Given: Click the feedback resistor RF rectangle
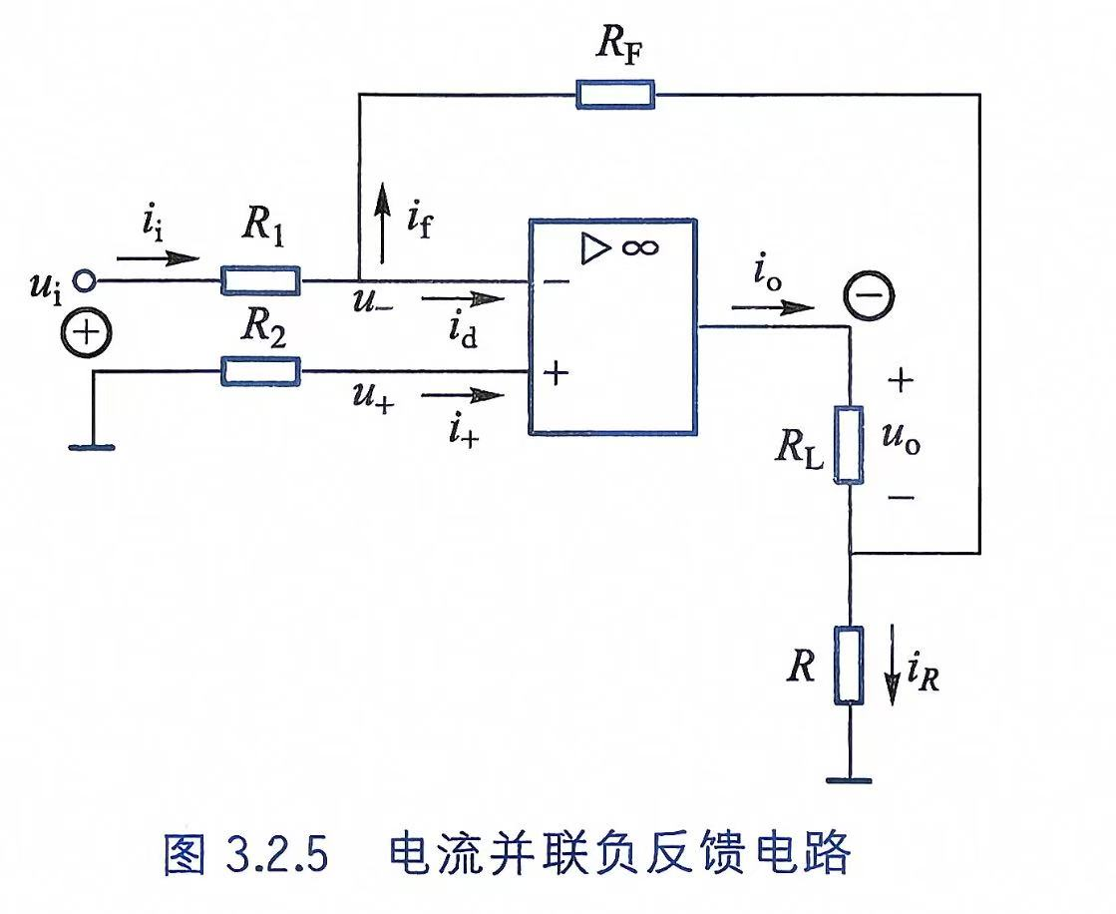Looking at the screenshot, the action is (x=615, y=95).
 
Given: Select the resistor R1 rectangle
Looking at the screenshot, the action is (x=260, y=280).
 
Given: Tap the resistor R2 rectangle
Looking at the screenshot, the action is (x=260, y=371).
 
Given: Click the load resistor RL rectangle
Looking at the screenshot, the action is (x=849, y=445).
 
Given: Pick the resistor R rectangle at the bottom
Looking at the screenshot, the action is (x=849, y=666).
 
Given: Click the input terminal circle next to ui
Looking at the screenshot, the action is (x=85, y=281).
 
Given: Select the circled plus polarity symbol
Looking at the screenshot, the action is (x=87, y=333).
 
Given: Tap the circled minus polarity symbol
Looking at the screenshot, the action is (x=869, y=295).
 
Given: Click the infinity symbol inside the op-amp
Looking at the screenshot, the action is (x=640, y=247).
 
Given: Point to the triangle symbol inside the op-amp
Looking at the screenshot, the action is (x=595, y=248).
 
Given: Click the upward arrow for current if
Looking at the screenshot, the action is (x=383, y=223).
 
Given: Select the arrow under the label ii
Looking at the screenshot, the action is (x=158, y=257).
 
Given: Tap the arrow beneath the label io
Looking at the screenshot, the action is (x=772, y=308).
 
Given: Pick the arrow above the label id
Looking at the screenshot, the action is (x=463, y=298).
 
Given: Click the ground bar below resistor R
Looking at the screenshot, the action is (x=849, y=781).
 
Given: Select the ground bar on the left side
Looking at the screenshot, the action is (x=92, y=447).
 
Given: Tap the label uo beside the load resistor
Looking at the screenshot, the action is (x=901, y=437).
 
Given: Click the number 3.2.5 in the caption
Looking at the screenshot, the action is (x=277, y=853).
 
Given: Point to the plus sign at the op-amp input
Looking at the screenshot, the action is (x=557, y=372).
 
